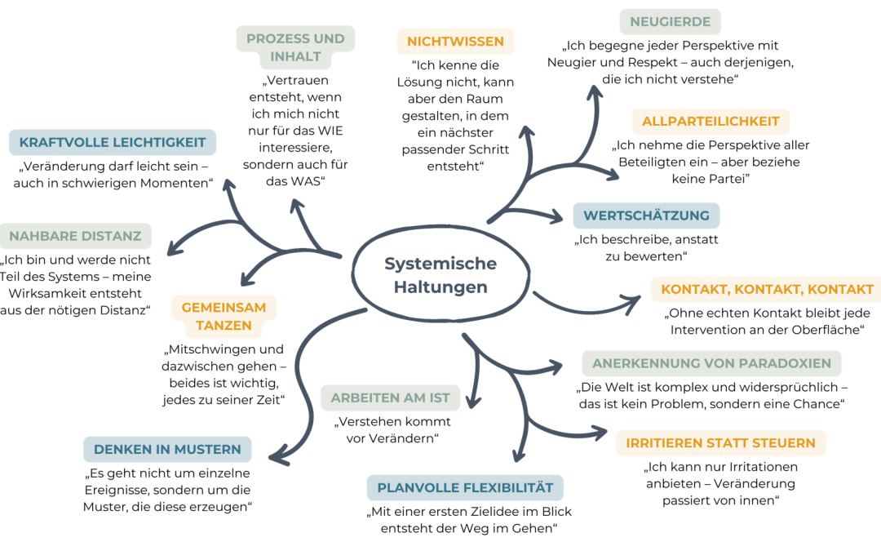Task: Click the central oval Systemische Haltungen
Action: click(440, 274)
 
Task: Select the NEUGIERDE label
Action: click(670, 22)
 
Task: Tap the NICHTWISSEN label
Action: click(455, 41)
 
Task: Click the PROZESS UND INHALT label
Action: click(295, 47)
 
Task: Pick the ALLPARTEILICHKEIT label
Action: click(711, 121)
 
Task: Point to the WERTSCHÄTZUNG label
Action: click(646, 216)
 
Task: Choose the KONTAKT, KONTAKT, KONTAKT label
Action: click(767, 289)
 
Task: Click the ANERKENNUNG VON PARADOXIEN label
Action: click(711, 363)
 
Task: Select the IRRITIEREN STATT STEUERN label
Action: click(720, 443)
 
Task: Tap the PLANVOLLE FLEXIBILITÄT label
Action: click(465, 488)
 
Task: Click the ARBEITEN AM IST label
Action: click(391, 398)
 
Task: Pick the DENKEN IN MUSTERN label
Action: click(167, 449)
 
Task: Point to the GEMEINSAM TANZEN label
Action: click(224, 317)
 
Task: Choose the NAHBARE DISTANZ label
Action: click(76, 236)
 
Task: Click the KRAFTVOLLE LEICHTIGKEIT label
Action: click(113, 142)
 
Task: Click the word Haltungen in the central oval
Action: click(440, 287)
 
